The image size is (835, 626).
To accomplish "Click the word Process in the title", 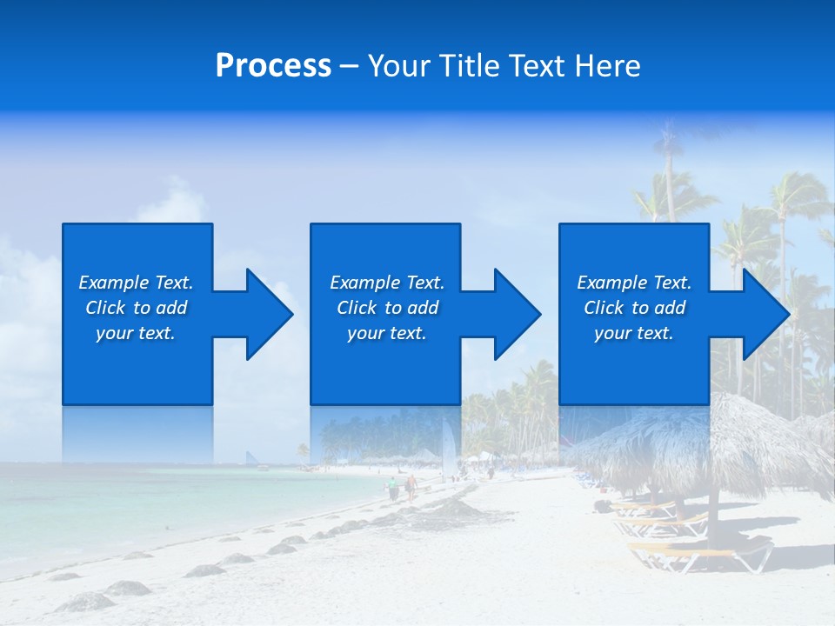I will coord(273,66).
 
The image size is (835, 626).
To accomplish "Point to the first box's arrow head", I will coord(270,314).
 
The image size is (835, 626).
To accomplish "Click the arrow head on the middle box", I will coord(518,314).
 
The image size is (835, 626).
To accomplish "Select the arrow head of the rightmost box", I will coord(766,314).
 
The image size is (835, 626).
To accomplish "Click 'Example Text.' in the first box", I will coord(136,283).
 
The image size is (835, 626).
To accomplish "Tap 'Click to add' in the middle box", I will coord(387,308).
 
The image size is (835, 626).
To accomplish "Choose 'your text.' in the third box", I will coord(633,333).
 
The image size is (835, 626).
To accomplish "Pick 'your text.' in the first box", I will coord(136,333).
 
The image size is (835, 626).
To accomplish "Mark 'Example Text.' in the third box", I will coord(633,283).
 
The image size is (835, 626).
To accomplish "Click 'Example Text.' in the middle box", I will coord(387,283).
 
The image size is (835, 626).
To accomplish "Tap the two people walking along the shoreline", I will coord(402,487).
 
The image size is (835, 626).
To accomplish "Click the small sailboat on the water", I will coord(251,458).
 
